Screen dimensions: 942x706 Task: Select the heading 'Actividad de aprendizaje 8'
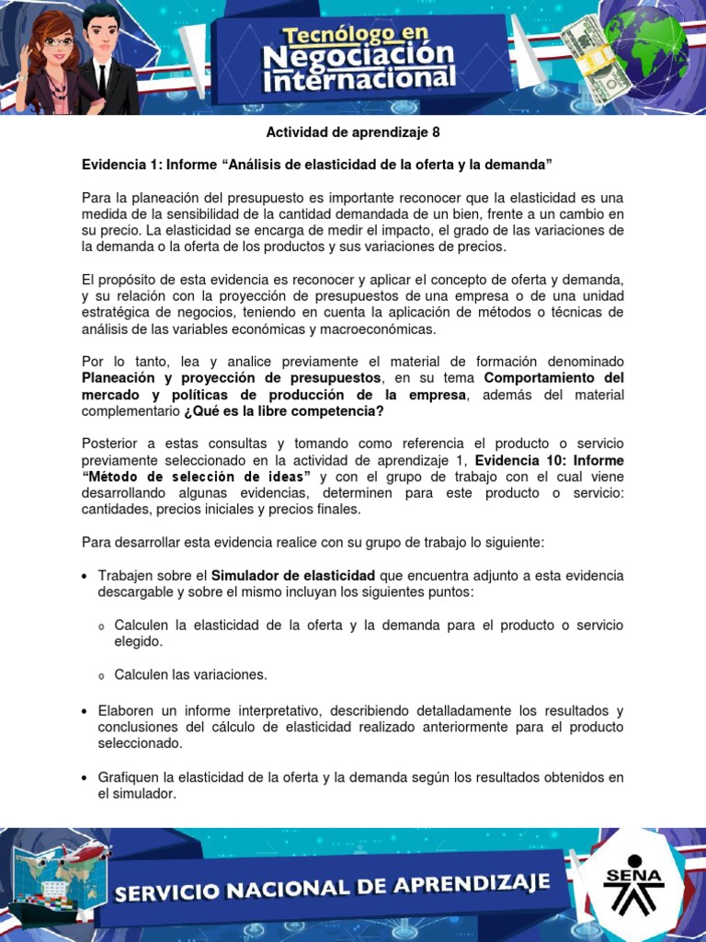pyautogui.click(x=353, y=132)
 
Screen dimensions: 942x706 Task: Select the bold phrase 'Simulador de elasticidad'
pyautogui.click(x=293, y=576)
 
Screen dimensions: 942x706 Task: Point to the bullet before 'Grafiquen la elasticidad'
pyautogui.click(x=85, y=778)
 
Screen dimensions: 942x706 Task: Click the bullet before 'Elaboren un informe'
pyautogui.click(x=85, y=711)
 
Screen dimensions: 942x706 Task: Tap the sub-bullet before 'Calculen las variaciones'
pyautogui.click(x=102, y=676)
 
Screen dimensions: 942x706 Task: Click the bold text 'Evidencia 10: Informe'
pyautogui.click(x=550, y=460)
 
